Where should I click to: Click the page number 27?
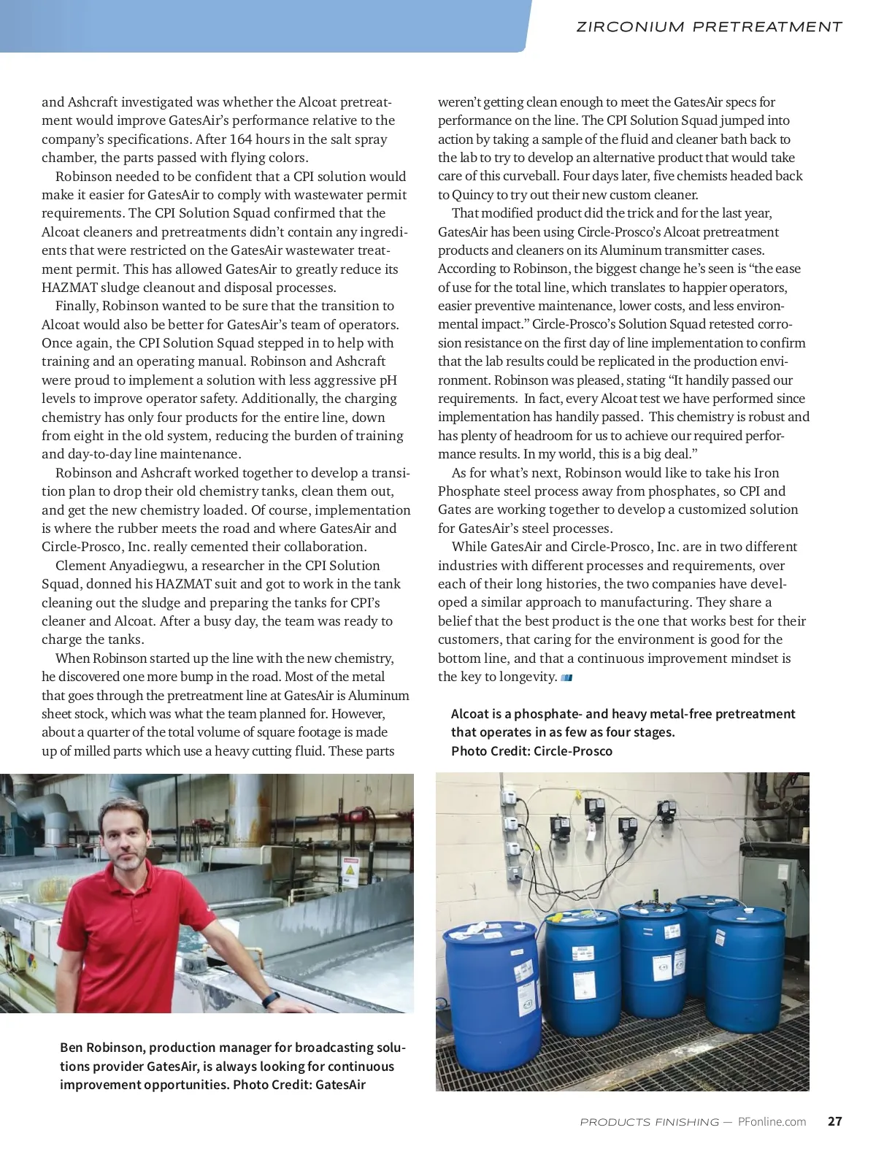point(835,1121)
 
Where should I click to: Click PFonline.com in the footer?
point(772,1121)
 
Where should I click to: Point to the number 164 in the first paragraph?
point(242,139)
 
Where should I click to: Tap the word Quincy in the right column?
point(473,194)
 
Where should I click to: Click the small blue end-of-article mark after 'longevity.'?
point(566,677)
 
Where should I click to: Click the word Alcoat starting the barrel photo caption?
point(470,714)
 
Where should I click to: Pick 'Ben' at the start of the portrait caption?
point(72,1048)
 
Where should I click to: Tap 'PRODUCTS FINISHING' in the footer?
point(649,1122)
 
